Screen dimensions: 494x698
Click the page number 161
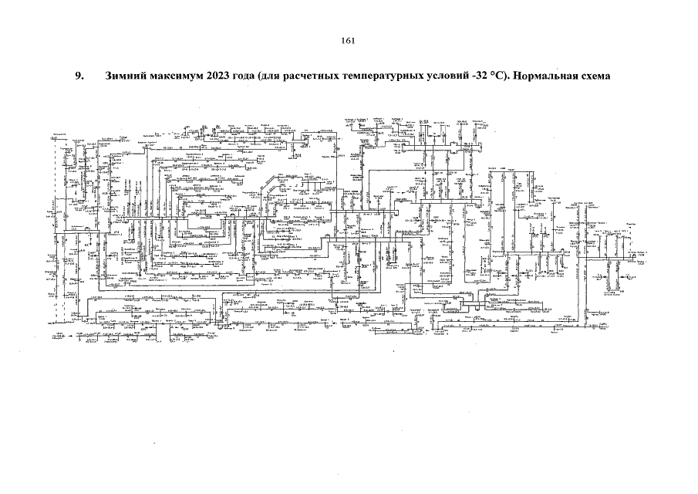coord(348,42)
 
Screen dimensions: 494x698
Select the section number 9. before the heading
coord(78,77)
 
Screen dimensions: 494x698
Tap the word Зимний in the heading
coord(123,77)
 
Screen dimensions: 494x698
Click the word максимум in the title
coord(174,77)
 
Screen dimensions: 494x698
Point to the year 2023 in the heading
coord(220,77)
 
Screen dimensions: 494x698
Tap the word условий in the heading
coord(459,77)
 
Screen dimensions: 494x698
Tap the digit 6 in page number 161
coord(348,42)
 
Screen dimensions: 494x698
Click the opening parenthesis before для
coord(268,77)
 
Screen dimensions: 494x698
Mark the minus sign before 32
coord(487,78)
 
